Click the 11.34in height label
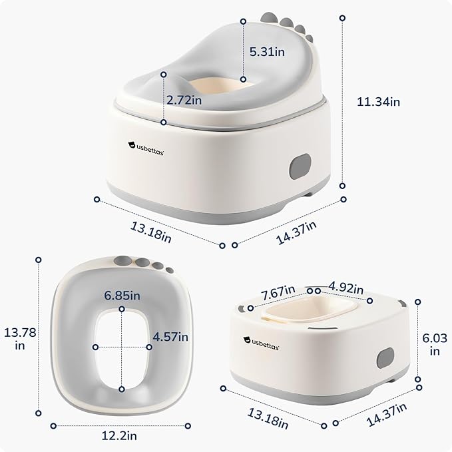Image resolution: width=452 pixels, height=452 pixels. (379, 102)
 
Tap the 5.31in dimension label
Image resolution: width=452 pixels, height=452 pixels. (267, 52)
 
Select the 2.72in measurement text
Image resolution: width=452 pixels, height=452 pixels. (184, 100)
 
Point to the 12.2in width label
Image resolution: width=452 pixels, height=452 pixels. (119, 435)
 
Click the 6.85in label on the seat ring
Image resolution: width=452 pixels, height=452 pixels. (122, 296)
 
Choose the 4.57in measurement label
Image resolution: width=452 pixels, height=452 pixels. (170, 337)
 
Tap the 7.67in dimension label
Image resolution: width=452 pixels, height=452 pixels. (278, 293)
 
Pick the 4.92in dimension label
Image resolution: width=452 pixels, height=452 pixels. (346, 288)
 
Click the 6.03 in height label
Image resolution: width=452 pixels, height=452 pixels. (435, 344)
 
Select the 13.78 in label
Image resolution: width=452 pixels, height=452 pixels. (20, 339)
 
